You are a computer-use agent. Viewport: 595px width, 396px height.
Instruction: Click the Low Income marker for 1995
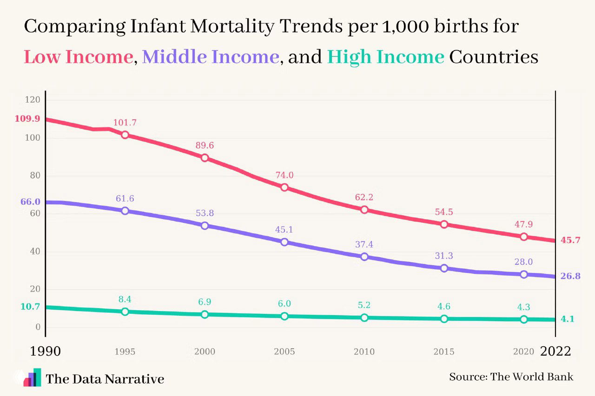[x=125, y=135]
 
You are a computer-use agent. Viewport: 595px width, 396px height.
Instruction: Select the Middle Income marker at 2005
[x=284, y=242]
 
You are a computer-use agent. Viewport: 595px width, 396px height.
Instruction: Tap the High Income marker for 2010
[x=364, y=318]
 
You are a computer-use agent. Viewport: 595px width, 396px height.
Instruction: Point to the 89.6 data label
[x=205, y=145]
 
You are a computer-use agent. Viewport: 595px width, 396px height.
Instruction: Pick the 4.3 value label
[x=524, y=307]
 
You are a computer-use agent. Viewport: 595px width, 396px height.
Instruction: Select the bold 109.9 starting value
[x=27, y=119]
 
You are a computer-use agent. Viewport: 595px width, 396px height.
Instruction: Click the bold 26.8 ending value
[x=570, y=276]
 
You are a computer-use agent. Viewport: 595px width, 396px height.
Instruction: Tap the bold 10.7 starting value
[x=30, y=306]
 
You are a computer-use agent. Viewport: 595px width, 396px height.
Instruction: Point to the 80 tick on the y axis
[x=35, y=176]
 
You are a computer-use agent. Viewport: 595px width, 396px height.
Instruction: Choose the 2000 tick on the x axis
[x=205, y=352]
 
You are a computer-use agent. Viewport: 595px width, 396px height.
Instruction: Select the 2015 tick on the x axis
[x=444, y=352]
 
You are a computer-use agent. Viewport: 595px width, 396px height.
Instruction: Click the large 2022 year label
[x=555, y=351]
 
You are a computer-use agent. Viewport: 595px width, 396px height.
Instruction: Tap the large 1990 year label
[x=45, y=351]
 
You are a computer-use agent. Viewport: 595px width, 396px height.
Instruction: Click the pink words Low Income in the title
[x=78, y=57]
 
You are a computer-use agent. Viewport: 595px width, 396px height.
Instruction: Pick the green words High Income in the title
[x=386, y=57]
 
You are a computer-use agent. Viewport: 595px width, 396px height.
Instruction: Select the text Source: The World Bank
[x=511, y=377]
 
